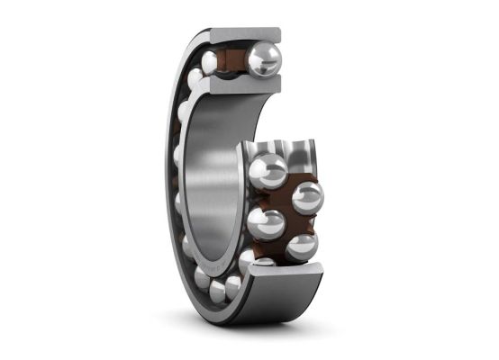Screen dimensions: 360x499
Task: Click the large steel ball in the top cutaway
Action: pyautogui.click(x=264, y=59)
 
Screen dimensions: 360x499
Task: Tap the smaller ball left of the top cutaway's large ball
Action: pyautogui.click(x=210, y=62)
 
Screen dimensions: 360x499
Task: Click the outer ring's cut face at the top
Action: pyautogui.click(x=245, y=35)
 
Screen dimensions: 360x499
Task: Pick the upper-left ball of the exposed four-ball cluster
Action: pyautogui.click(x=268, y=171)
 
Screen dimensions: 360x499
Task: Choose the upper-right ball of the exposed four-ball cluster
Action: pyautogui.click(x=306, y=197)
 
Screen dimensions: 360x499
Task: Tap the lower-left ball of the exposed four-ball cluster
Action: pyautogui.click(x=267, y=223)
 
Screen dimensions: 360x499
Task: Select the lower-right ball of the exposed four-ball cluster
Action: pyautogui.click(x=301, y=246)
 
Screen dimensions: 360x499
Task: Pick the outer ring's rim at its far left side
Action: pyautogui.click(x=168, y=171)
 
